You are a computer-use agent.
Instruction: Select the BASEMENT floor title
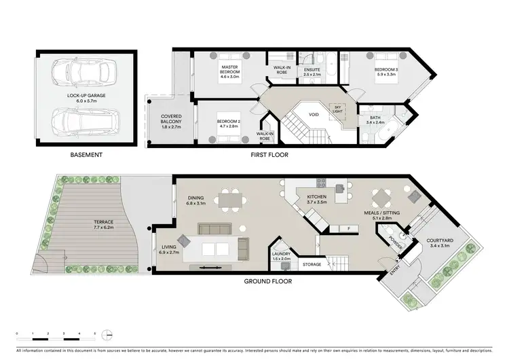point(86,155)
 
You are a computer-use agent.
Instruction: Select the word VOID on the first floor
point(313,115)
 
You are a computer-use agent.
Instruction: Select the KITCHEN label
point(318,199)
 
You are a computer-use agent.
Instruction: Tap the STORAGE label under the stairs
point(312,264)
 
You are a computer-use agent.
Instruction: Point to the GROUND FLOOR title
point(269,280)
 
